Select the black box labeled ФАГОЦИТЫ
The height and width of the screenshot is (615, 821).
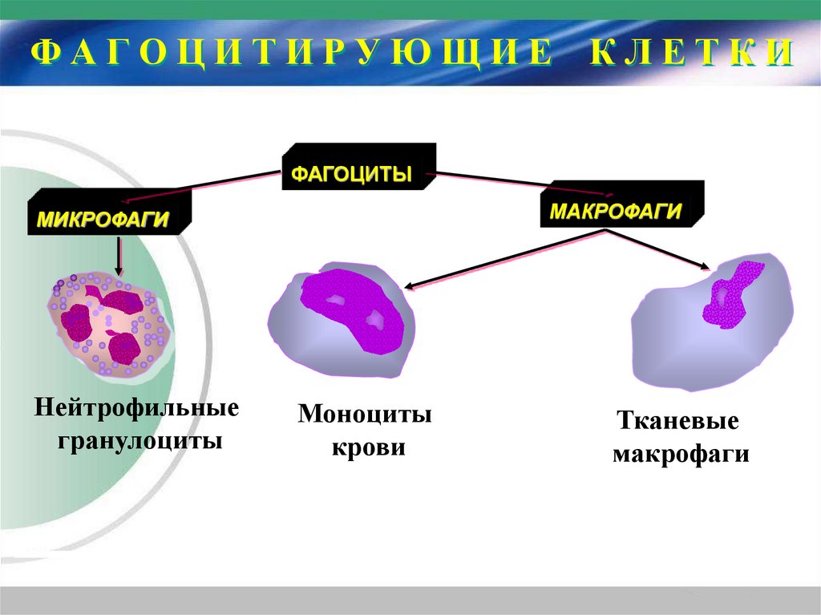(x=358, y=168)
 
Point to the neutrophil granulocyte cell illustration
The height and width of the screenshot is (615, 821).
(x=108, y=325)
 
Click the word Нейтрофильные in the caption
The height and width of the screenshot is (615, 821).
(x=137, y=408)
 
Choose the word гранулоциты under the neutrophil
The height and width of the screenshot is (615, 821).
(x=139, y=440)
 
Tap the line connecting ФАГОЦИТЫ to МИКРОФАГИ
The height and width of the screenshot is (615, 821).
(x=208, y=183)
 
